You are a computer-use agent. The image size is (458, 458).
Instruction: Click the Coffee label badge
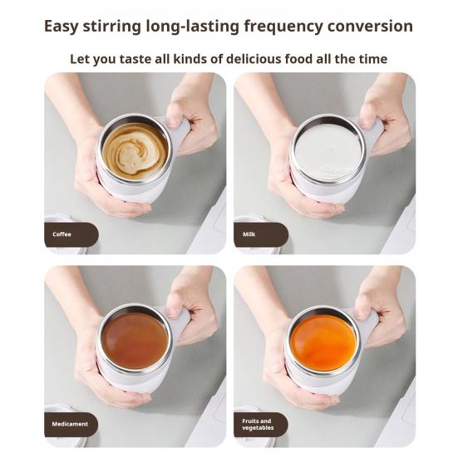click(71, 234)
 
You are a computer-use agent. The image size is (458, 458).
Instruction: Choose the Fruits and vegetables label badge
click(260, 425)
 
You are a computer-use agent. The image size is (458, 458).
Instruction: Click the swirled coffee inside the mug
click(135, 150)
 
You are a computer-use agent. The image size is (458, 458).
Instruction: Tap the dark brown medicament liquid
click(135, 339)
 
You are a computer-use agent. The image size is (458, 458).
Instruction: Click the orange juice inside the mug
click(324, 341)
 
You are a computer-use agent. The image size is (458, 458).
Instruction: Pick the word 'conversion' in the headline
click(372, 26)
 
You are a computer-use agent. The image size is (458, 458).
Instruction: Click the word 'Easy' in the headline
click(64, 26)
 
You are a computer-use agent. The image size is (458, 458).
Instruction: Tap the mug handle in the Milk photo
click(370, 133)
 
